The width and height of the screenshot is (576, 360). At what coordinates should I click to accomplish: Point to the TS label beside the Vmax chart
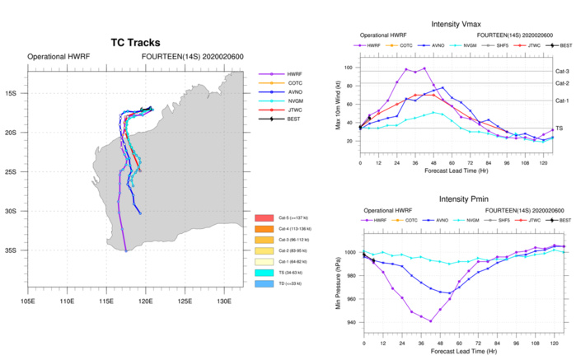click(559, 129)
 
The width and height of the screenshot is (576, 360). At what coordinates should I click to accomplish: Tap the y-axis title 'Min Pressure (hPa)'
click(339, 284)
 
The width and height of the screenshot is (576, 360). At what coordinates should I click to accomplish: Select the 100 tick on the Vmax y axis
click(350, 68)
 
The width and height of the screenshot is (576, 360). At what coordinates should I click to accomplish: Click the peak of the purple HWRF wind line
click(424, 68)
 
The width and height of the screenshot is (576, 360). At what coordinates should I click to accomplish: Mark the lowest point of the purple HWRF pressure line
click(430, 321)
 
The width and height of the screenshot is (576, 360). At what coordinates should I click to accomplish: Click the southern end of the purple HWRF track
click(125, 250)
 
